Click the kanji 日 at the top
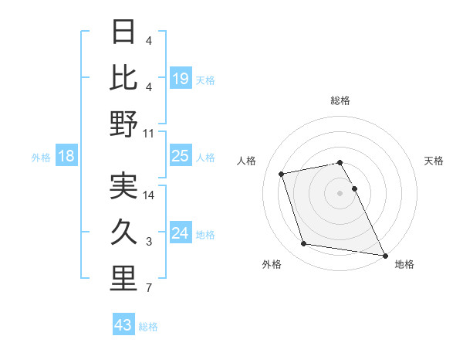[x=123, y=32]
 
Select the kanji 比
[x=123, y=78]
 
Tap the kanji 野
[x=123, y=124]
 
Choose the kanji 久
[x=123, y=232]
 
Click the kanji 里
[x=123, y=279]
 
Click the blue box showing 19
[x=181, y=78]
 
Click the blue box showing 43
[x=123, y=325]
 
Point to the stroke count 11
[x=149, y=134]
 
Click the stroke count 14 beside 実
[x=149, y=195]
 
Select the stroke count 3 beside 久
[x=149, y=242]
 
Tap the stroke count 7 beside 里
[x=149, y=289]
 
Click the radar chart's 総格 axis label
[x=340, y=101]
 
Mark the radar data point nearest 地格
[x=384, y=255]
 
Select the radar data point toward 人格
[x=282, y=173]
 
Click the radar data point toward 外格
[x=304, y=244]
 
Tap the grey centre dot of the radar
[x=340, y=193]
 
